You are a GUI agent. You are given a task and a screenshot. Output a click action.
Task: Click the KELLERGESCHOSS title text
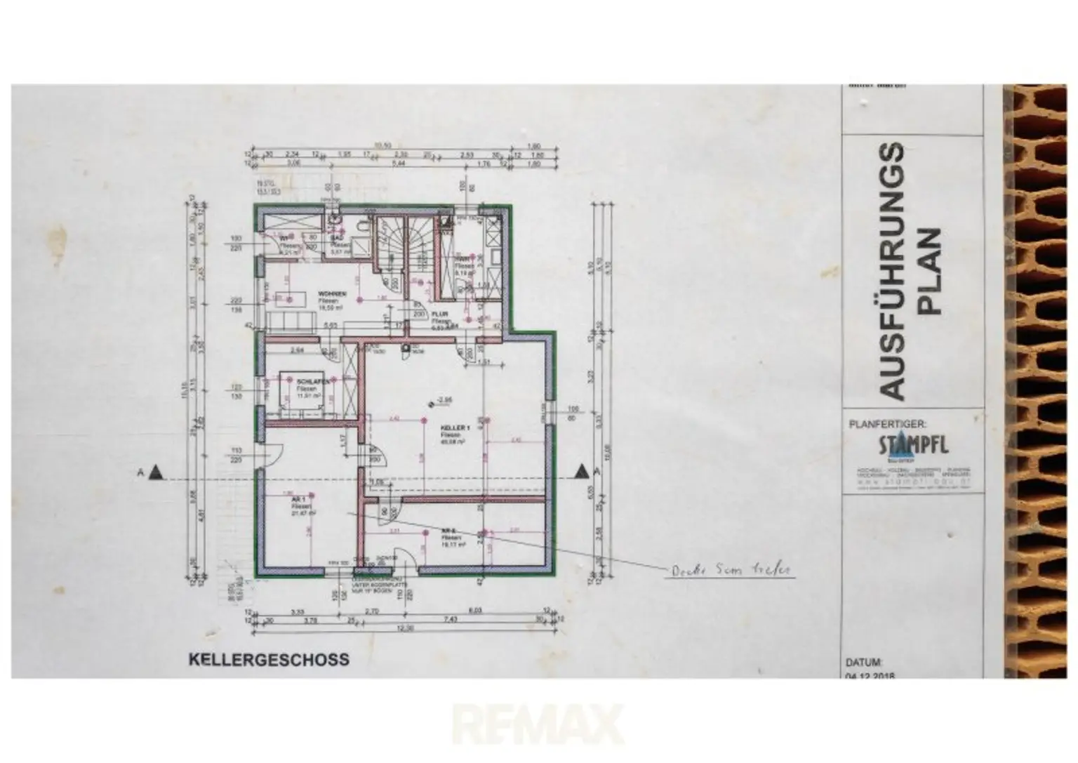click(269, 660)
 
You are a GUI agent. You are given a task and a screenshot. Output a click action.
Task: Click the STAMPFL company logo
click(912, 446)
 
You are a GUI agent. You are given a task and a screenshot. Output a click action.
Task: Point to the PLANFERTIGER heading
click(888, 424)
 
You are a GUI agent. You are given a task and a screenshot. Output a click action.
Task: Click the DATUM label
click(863, 662)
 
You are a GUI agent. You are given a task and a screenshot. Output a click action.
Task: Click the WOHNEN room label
click(330, 293)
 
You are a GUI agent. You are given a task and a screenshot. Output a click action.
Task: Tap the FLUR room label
click(440, 315)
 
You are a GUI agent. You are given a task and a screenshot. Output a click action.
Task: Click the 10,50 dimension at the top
click(382, 145)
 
